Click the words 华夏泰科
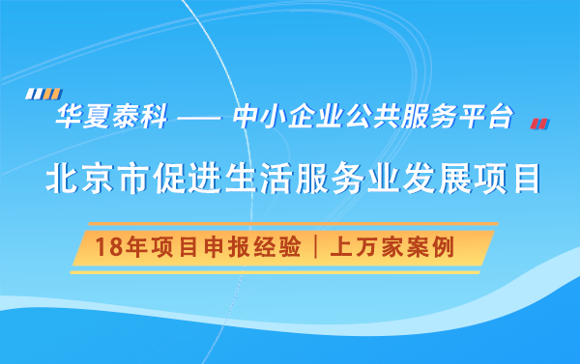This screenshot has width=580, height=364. tap(112, 119)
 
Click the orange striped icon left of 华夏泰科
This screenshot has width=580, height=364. tap(37, 95)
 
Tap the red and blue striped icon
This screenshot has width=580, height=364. tap(540, 123)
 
